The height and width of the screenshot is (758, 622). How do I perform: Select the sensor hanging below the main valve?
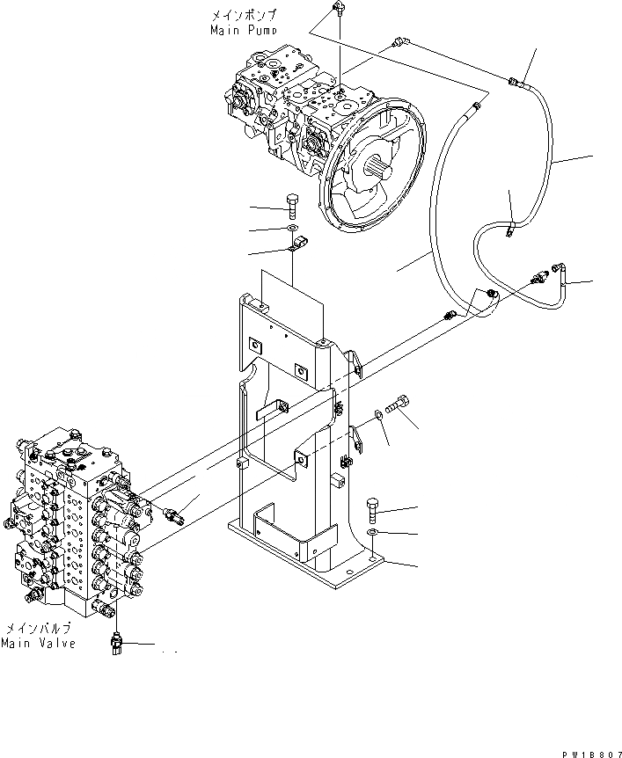tap(116, 643)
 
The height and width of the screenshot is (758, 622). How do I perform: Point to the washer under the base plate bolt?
tap(373, 533)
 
